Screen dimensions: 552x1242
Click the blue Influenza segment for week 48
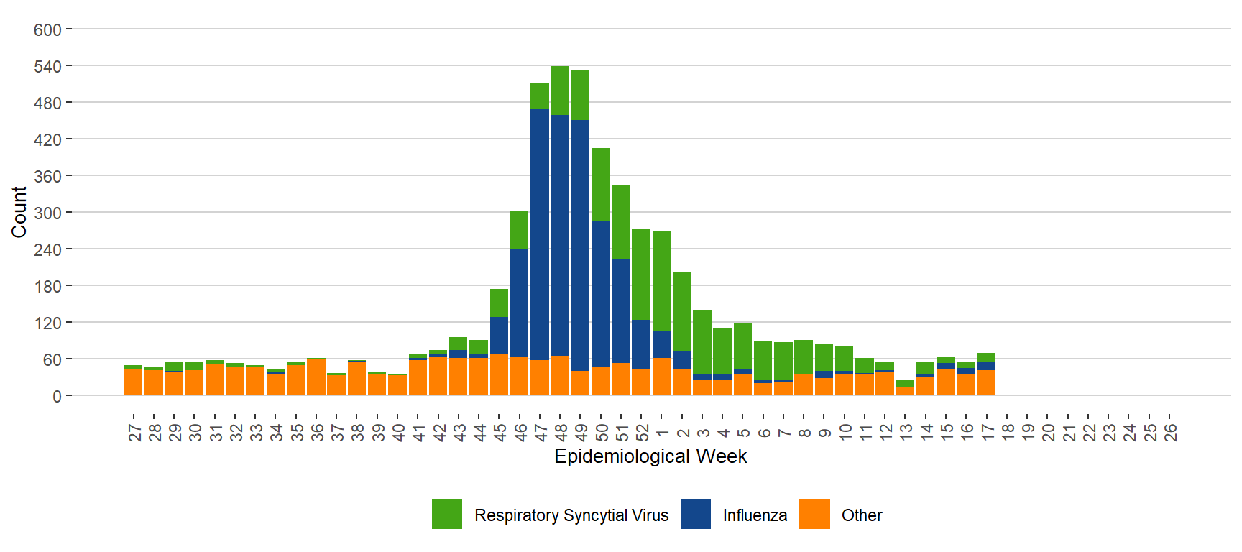560,235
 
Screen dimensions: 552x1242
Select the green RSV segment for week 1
661,281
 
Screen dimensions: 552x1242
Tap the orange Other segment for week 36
316,377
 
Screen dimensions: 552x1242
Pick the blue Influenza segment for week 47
540,234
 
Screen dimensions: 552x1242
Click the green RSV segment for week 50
600,185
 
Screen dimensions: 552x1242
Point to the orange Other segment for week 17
986,383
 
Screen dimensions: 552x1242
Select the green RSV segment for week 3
702,342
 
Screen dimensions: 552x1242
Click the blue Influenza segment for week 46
519,303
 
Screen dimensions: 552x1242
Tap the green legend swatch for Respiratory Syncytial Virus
447,515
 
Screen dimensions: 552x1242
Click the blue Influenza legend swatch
695,515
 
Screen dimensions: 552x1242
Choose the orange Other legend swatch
814,515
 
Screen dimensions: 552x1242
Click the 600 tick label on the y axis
47,30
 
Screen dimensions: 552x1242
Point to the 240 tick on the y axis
47,249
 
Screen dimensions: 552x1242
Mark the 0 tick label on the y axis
57,396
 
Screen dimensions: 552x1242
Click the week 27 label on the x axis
134,432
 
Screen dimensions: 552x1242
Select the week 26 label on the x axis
1170,432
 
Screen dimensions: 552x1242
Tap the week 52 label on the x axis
642,432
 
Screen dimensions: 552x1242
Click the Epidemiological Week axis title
650,456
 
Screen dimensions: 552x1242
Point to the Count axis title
19,212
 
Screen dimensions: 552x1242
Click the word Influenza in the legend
755,515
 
